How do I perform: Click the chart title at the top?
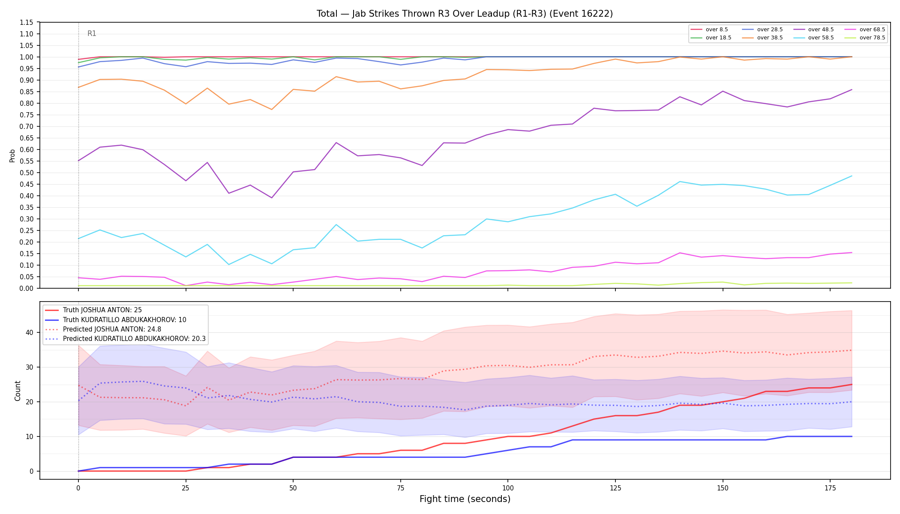click(x=465, y=14)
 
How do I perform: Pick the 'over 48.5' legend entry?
click(x=813, y=30)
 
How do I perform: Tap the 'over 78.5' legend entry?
click(x=865, y=38)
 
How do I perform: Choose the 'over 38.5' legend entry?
click(x=762, y=38)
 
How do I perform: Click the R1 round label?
click(x=92, y=33)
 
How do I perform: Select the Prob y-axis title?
click(x=12, y=155)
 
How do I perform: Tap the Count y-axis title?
click(x=18, y=391)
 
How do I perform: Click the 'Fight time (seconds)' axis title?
click(x=465, y=499)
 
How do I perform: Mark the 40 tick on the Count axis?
click(x=30, y=332)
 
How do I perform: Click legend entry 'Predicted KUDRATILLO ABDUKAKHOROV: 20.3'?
click(x=125, y=339)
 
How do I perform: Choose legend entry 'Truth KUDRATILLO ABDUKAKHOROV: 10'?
click(x=116, y=320)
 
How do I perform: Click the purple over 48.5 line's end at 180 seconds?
click(x=852, y=90)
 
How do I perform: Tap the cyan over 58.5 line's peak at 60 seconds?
click(x=336, y=224)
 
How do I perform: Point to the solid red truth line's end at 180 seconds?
click(x=852, y=384)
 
